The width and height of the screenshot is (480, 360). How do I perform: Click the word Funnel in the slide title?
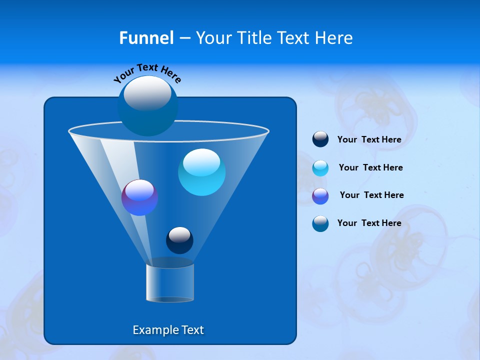[146, 38]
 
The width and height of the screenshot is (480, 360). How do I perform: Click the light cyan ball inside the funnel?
[201, 172]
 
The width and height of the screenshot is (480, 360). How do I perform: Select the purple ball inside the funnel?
[139, 198]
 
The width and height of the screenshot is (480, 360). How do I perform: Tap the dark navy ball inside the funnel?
[179, 240]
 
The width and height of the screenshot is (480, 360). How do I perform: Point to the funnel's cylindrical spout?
[170, 283]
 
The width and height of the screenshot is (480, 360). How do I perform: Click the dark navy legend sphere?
[320, 139]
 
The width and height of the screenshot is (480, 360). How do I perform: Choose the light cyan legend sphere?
[320, 168]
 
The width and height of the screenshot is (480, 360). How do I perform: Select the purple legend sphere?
[320, 196]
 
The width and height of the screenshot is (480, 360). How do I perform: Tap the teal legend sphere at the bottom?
[320, 223]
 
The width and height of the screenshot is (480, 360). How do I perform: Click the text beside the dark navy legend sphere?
[369, 140]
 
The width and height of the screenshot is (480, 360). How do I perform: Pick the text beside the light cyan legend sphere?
[370, 168]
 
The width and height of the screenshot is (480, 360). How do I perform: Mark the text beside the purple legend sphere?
[371, 195]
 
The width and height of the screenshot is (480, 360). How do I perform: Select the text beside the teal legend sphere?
[369, 223]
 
